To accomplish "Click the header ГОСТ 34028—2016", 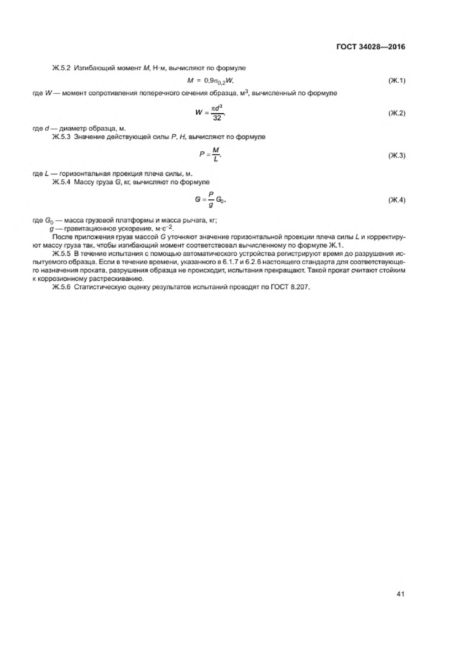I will (x=370, y=47).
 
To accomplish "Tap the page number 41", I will (x=399, y=593).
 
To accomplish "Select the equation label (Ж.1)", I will (x=397, y=81).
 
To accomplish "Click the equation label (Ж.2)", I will (x=397, y=113).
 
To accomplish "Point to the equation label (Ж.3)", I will (x=397, y=156).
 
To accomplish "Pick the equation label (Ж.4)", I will (x=397, y=200).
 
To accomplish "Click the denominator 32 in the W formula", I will (x=217, y=118).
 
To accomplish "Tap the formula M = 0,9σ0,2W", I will (x=211, y=81).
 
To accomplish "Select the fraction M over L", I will (x=216, y=155).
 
